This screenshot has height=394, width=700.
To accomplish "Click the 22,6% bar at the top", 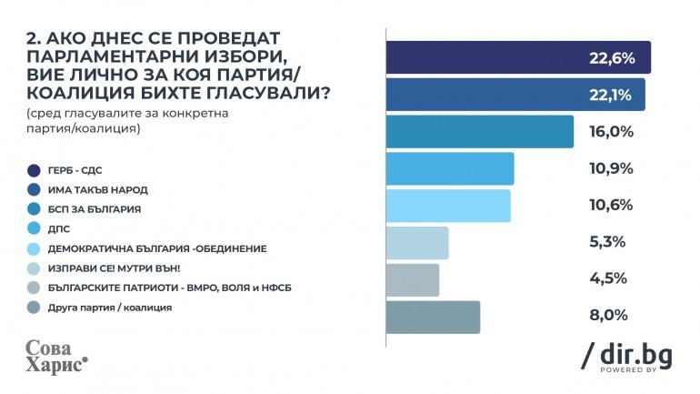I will click(518, 57).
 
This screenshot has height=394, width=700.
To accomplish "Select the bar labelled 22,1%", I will click(515, 95).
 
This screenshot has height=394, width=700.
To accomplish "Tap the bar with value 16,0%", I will click(480, 132).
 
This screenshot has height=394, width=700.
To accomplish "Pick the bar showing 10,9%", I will click(450, 169).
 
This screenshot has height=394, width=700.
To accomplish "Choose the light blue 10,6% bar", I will click(448, 206).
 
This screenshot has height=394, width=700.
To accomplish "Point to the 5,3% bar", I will click(417, 243).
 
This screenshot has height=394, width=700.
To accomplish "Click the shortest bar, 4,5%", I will click(413, 279).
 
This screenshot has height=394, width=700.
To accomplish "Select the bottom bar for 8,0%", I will click(433, 317).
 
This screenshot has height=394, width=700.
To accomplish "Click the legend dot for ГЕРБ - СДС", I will click(34, 169).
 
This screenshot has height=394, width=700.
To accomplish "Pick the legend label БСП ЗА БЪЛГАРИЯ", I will click(95, 208).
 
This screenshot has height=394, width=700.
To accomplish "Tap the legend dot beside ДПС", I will click(34, 228).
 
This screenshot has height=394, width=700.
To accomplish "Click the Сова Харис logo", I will click(55, 355).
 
